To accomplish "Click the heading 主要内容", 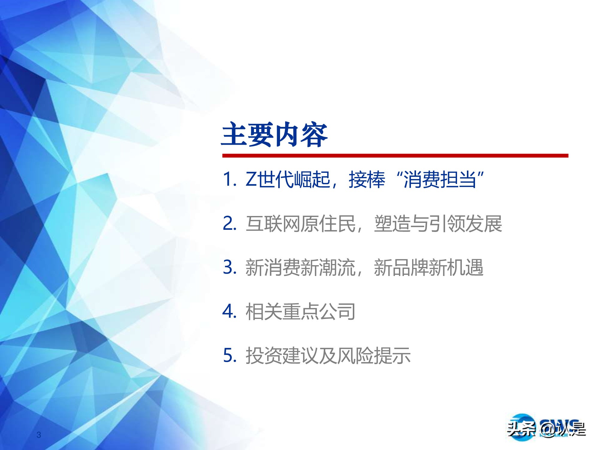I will [275, 135].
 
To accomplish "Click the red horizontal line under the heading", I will [395, 156].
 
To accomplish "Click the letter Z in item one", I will [251, 180].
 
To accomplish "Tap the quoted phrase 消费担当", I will [440, 180].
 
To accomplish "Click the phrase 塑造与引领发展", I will [438, 224].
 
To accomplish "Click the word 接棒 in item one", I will [367, 180].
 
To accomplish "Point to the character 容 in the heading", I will [314, 135].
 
